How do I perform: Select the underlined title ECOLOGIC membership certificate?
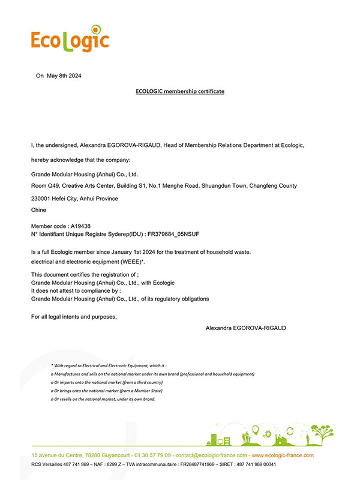(180, 91)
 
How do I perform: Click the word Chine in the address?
(38, 210)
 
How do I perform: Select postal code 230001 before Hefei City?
(41, 199)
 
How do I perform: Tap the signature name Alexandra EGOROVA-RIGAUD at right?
(254, 328)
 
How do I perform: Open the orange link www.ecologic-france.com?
(282, 455)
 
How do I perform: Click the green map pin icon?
(255, 430)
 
